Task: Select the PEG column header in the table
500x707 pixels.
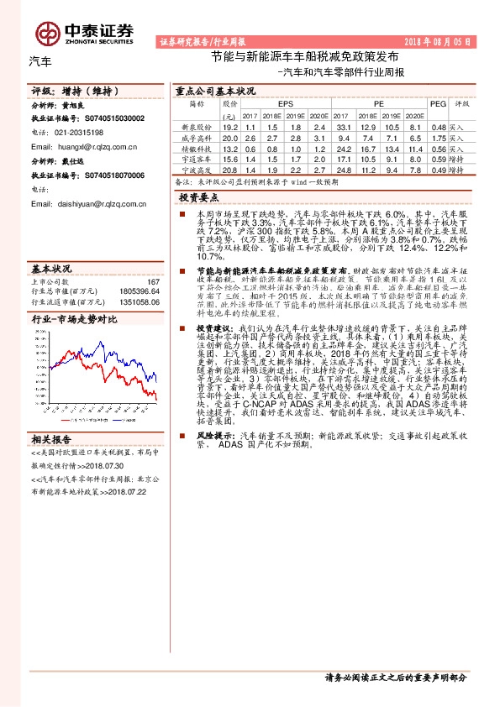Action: click(x=437, y=103)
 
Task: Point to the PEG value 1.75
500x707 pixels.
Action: click(x=437, y=136)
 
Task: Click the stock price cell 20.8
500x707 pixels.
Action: click(x=230, y=169)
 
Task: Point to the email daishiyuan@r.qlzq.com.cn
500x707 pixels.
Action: click(x=100, y=202)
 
